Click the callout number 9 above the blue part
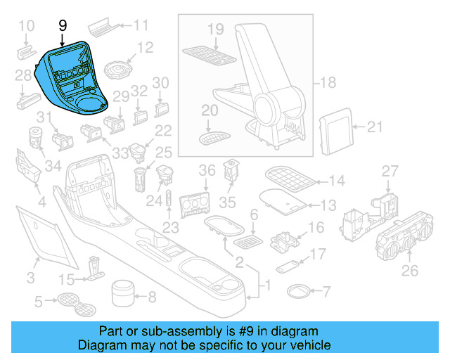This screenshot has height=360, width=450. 63,25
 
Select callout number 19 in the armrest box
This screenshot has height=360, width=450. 215,29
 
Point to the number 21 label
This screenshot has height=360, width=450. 375,127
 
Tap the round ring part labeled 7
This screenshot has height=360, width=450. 298,290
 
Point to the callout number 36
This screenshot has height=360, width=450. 207,171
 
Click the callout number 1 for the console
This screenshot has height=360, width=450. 266,286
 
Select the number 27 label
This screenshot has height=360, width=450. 390,172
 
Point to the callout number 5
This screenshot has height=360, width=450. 39,303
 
